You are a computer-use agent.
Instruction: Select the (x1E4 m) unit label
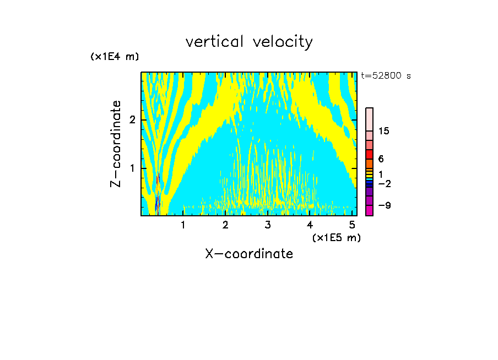point(115,56)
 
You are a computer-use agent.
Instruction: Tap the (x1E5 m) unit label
point(336,237)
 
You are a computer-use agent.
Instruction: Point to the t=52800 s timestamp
point(386,76)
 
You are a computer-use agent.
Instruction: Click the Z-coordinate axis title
point(116,144)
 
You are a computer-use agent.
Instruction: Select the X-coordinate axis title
point(249,254)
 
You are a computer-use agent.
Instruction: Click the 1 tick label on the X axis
point(183,225)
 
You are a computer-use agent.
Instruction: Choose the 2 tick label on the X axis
point(225,225)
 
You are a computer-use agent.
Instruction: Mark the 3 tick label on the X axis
point(268,225)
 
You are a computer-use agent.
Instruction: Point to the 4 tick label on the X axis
point(310,225)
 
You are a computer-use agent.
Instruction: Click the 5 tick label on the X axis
point(352,225)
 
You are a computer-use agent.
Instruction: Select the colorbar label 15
point(384,131)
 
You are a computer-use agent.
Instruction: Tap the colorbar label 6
point(381,159)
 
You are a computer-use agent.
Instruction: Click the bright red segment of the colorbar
point(369,154)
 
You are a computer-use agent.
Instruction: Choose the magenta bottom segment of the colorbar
point(369,210)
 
